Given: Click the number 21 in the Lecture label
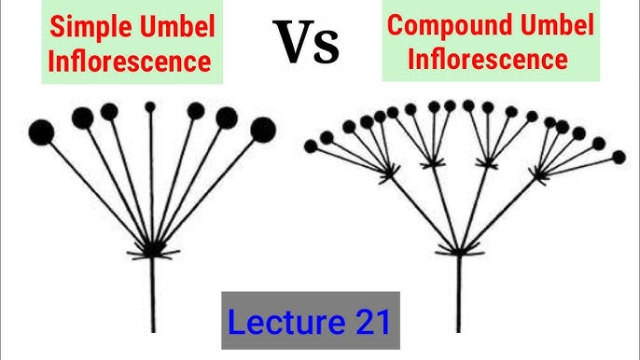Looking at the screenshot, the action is click(x=369, y=320).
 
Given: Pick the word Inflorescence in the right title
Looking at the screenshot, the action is click(x=487, y=60).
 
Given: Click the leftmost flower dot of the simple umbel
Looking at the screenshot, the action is click(x=41, y=132).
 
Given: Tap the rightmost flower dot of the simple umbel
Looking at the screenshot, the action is click(x=263, y=129).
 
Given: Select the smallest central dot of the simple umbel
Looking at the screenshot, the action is click(x=151, y=107).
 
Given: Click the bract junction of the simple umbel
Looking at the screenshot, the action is click(x=152, y=250).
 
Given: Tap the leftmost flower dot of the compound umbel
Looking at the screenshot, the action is click(x=311, y=146).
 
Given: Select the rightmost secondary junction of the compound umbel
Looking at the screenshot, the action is click(x=539, y=173).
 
